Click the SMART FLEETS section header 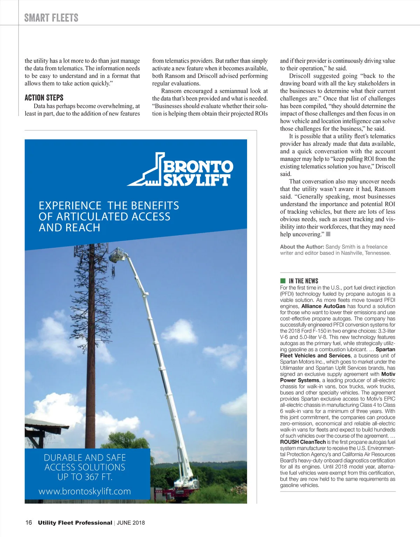[x=51, y=17]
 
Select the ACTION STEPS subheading [x=44, y=98]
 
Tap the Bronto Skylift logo [x=180, y=169]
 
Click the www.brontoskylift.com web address [x=85, y=491]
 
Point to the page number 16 [x=28, y=523]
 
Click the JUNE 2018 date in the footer [x=131, y=523]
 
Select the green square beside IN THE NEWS [x=283, y=281]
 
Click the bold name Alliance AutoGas [x=323, y=306]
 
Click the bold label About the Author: [x=302, y=247]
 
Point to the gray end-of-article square [x=328, y=234]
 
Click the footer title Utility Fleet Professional [x=75, y=523]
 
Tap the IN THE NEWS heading [x=303, y=281]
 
